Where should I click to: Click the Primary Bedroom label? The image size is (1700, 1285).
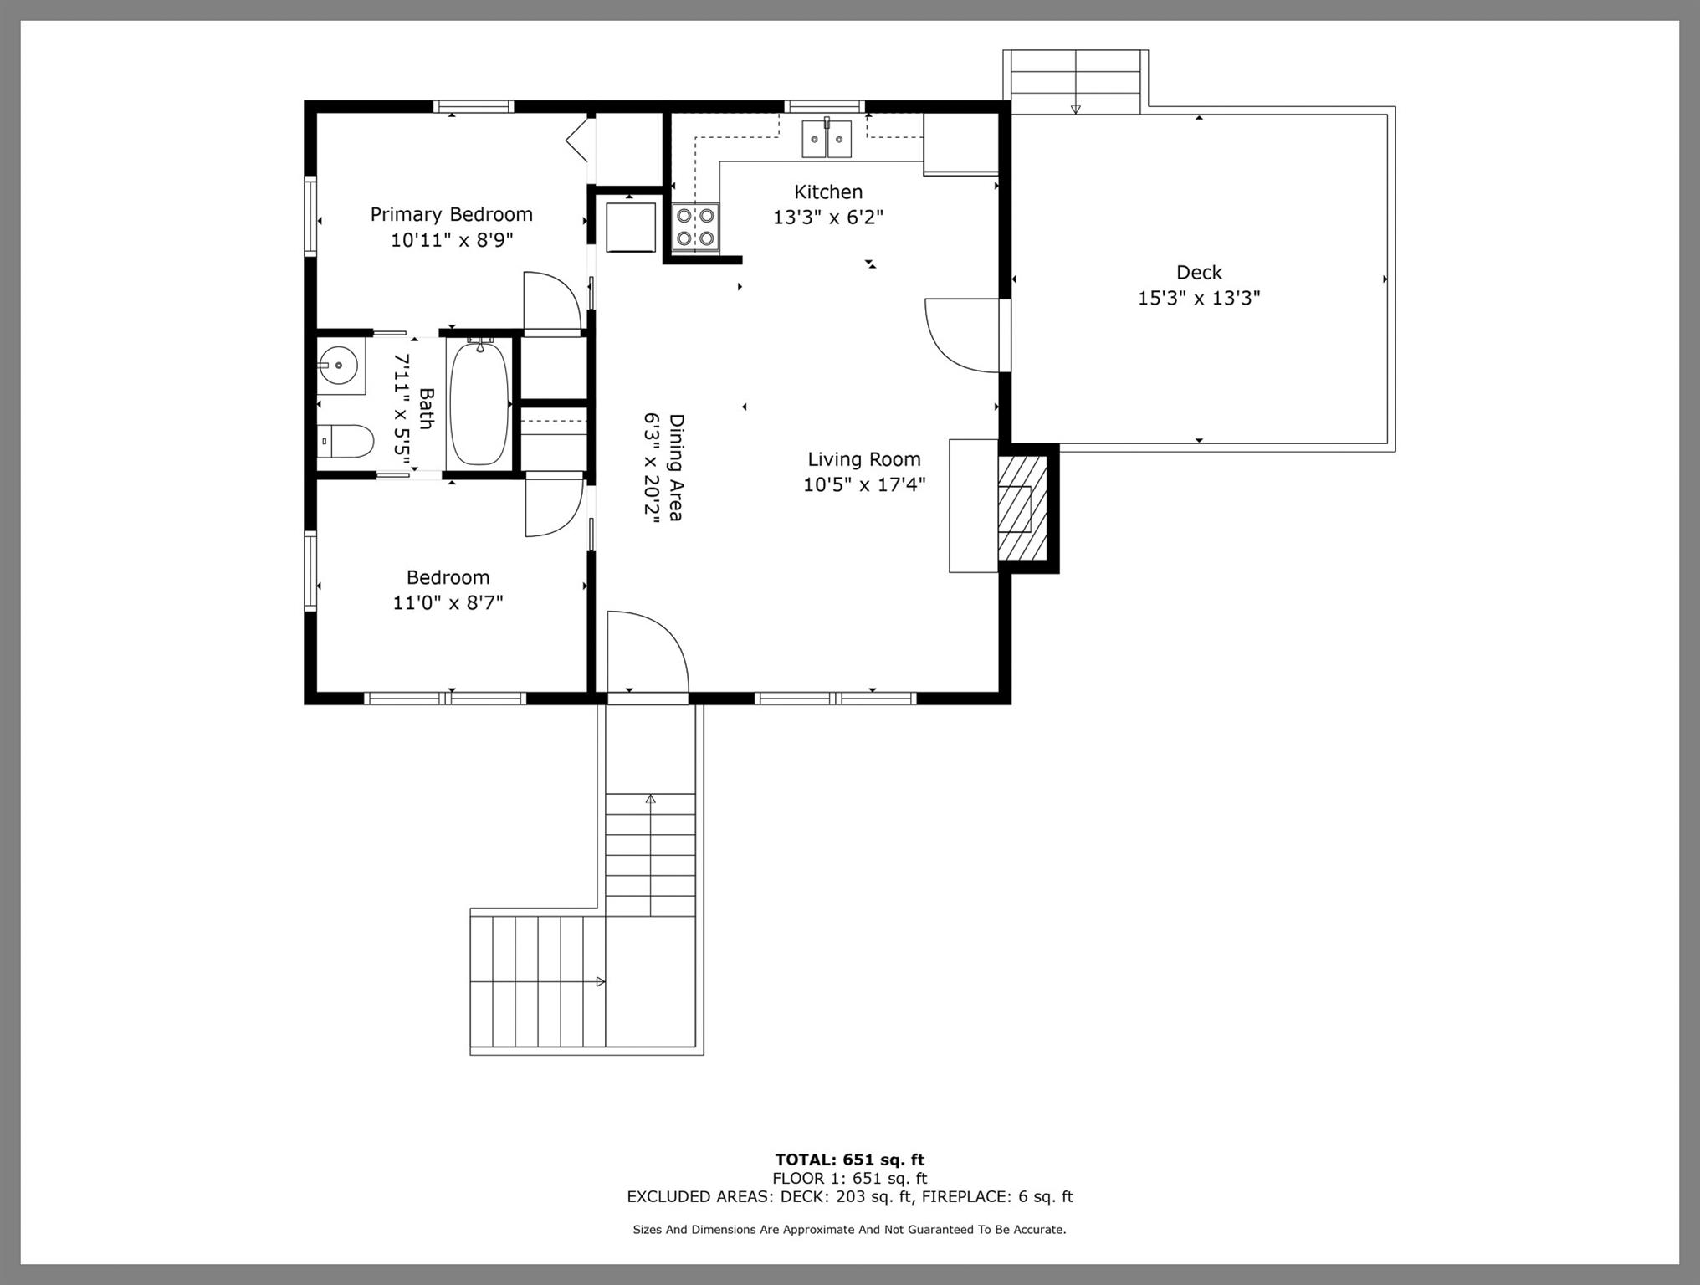[x=452, y=214]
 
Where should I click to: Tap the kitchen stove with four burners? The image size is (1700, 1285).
[x=695, y=227]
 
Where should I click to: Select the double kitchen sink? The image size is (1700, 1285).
[x=827, y=139]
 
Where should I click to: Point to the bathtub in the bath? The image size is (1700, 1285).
[x=479, y=402]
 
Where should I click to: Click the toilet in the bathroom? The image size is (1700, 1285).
[x=345, y=441]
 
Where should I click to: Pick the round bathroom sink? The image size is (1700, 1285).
[x=340, y=366]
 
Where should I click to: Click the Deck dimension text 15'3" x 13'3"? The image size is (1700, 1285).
[x=1199, y=298]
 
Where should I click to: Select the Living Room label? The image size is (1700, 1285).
[x=864, y=459]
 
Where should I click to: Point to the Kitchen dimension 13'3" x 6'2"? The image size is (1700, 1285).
[x=828, y=218]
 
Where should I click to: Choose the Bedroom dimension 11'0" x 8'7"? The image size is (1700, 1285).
[x=448, y=602]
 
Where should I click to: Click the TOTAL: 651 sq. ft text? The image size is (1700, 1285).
[x=849, y=1160]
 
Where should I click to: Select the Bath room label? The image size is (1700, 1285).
[x=426, y=408]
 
